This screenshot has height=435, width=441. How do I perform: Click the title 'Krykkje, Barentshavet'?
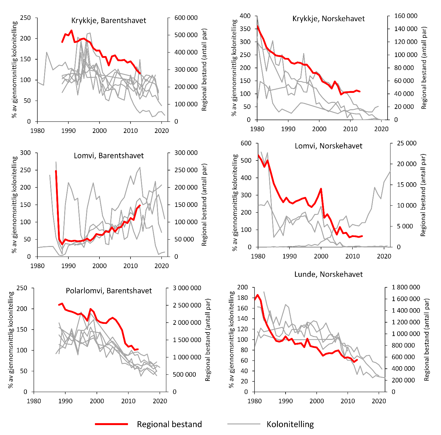click(108, 21)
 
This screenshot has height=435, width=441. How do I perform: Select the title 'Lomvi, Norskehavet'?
click(328, 146)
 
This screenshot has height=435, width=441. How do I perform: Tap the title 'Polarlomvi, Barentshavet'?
click(109, 291)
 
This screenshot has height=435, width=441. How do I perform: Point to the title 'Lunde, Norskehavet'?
click(328, 275)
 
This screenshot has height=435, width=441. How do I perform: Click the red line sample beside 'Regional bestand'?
click(111, 424)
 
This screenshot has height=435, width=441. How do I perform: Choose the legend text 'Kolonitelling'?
click(290, 424)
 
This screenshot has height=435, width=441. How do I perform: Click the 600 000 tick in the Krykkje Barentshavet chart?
click(186, 18)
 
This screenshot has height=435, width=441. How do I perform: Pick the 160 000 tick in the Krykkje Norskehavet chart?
click(406, 16)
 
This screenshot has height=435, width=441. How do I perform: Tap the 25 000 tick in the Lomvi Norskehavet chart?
click(406, 143)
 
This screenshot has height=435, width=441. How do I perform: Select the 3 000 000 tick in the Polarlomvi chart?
click(187, 288)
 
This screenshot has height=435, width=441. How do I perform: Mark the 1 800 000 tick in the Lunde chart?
click(406, 287)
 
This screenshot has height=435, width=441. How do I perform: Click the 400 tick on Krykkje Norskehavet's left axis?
click(245, 16)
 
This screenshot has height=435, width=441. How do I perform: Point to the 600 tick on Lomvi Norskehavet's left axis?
click(246, 143)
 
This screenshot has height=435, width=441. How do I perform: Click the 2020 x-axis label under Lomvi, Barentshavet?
click(162, 266)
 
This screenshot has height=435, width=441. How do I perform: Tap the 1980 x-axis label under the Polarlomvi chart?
click(34, 401)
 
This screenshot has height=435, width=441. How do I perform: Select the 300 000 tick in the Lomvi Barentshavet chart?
click(186, 153)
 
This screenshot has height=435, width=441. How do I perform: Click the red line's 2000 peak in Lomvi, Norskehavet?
click(321, 189)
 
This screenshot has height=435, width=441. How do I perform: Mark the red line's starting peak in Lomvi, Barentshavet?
click(56, 171)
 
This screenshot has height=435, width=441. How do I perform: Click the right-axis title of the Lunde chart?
click(426, 340)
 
